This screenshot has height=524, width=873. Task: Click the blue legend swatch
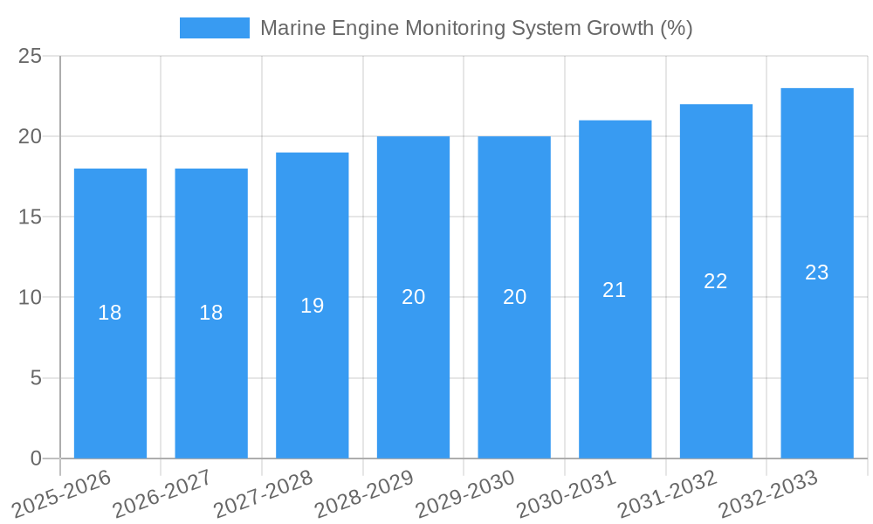pyautogui.click(x=214, y=28)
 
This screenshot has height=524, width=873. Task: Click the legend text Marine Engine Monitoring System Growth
pyautogui.click(x=476, y=28)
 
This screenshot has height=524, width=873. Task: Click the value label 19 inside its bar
pyautogui.click(x=313, y=306)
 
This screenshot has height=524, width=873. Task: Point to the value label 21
pyautogui.click(x=615, y=290)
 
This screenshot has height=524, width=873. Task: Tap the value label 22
pyautogui.click(x=716, y=281)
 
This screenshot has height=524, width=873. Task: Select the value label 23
pyautogui.click(x=817, y=272)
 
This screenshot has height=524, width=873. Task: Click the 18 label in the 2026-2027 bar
pyautogui.click(x=211, y=313)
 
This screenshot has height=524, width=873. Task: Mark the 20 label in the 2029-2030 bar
pyautogui.click(x=515, y=297)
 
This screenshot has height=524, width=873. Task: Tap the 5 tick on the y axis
pyautogui.click(x=36, y=378)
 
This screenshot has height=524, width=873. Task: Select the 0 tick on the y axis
pyautogui.click(x=36, y=458)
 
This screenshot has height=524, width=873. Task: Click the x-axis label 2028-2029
pyautogui.click(x=364, y=493)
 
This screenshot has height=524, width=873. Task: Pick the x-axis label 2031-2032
pyautogui.click(x=667, y=493)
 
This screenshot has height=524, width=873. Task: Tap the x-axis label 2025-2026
pyautogui.click(x=61, y=493)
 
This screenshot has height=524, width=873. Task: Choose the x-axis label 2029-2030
pyautogui.click(x=465, y=493)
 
